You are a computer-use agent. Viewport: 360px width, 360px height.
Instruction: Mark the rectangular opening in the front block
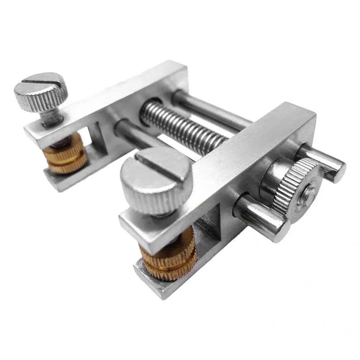point(209,223)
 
